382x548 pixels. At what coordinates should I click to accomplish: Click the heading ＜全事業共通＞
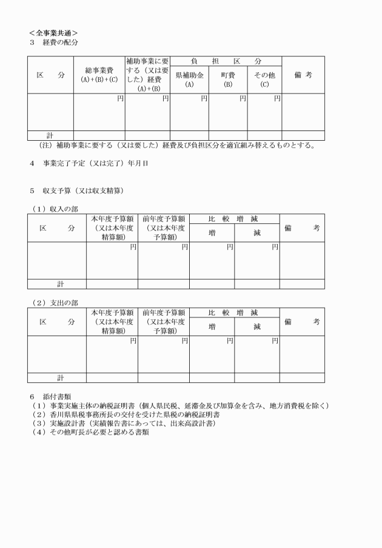pyautogui.click(x=53, y=32)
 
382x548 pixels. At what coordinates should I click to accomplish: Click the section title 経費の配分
pyautogui.click(x=60, y=42)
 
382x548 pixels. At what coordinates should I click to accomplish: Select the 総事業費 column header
pyautogui.click(x=99, y=75)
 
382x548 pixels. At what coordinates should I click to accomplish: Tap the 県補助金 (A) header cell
pyautogui.click(x=189, y=79)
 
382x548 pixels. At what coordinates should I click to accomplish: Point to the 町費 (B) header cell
pyautogui.click(x=227, y=79)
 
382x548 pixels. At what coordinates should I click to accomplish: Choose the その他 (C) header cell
pyautogui.click(x=264, y=79)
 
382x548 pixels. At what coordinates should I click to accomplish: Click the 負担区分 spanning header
pyautogui.click(x=226, y=61)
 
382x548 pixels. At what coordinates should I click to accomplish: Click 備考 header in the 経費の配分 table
pyautogui.click(x=303, y=75)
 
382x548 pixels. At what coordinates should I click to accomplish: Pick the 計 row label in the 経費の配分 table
pyautogui.click(x=50, y=135)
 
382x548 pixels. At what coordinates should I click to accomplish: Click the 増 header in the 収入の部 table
pyautogui.click(x=212, y=232)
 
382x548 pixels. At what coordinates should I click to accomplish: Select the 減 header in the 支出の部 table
pyautogui.click(x=256, y=326)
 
